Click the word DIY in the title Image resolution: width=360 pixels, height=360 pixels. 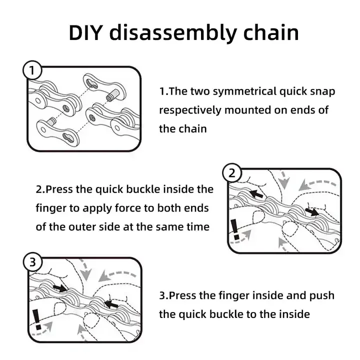point(85,32)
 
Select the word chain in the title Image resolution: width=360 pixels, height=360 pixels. point(269,32)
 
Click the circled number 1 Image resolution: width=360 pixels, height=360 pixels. point(32,71)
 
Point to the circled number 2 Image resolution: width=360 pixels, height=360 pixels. point(231,173)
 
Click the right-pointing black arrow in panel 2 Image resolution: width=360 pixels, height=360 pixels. point(312,212)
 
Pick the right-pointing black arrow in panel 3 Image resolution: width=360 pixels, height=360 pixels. point(59,287)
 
